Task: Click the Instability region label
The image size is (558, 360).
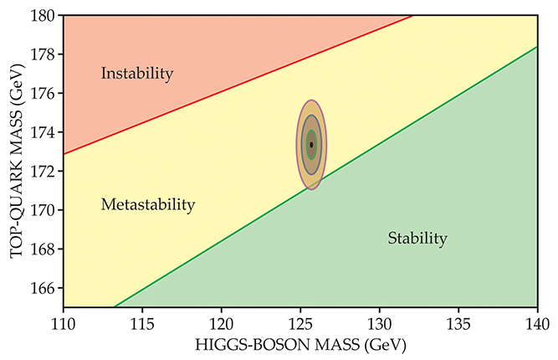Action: coord(136,74)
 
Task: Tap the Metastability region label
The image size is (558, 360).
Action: coord(147,204)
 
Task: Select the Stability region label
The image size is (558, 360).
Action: coord(417,239)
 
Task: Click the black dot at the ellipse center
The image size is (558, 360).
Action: coord(311,145)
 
